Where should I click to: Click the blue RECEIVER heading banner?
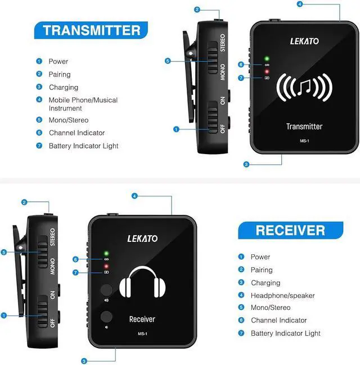(x=290, y=230)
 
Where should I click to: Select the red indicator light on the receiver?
(x=105, y=265)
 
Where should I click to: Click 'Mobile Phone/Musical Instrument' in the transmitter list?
(x=83, y=103)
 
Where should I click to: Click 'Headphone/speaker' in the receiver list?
(x=282, y=295)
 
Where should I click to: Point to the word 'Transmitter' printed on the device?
(x=304, y=127)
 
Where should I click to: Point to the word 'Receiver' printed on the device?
(x=142, y=319)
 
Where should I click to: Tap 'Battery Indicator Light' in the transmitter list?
(x=83, y=146)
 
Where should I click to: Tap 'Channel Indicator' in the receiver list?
(x=278, y=320)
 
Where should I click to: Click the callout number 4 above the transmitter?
(x=300, y=4)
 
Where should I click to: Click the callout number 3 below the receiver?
(x=84, y=361)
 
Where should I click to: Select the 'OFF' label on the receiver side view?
(x=52, y=323)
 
